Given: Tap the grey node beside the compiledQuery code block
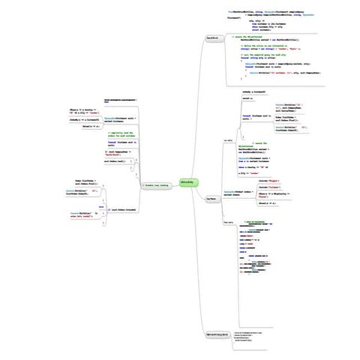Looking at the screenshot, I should click(x=212, y=37).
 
